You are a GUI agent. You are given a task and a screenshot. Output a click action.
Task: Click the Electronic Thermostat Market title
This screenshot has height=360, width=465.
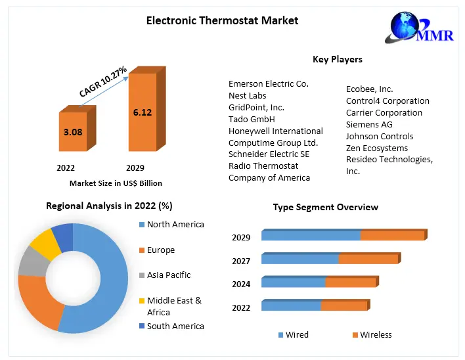pyautogui.click(x=222, y=20)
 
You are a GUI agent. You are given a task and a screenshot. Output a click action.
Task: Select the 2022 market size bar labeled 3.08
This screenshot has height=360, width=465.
pyautogui.click(x=73, y=132)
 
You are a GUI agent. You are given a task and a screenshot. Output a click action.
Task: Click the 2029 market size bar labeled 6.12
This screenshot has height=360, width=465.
pyautogui.click(x=142, y=112)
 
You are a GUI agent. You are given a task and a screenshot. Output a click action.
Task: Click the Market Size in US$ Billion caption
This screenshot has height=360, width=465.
pyautogui.click(x=116, y=183)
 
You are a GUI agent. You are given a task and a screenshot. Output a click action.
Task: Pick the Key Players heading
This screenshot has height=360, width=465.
pyautogui.click(x=338, y=59)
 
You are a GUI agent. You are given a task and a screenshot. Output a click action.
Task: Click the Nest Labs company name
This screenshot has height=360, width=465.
pyautogui.click(x=248, y=95)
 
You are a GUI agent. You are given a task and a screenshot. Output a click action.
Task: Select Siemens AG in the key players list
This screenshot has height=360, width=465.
pyautogui.click(x=369, y=124)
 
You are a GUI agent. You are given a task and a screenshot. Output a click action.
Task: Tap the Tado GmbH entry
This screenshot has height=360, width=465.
pyautogui.click(x=252, y=119)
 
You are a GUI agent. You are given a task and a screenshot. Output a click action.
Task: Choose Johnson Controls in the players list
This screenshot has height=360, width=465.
pyautogui.click(x=380, y=136)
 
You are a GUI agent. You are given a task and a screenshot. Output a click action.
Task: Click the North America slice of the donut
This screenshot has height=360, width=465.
pyautogui.click(x=105, y=282)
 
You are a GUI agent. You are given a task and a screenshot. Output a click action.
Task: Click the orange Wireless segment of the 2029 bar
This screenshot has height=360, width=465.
pyautogui.click(x=392, y=236)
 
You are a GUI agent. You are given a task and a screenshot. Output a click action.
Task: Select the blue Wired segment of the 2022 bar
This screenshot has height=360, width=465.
pyautogui.click(x=291, y=306)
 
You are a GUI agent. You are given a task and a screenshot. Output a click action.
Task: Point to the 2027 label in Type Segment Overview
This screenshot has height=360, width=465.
pyautogui.click(x=241, y=261)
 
